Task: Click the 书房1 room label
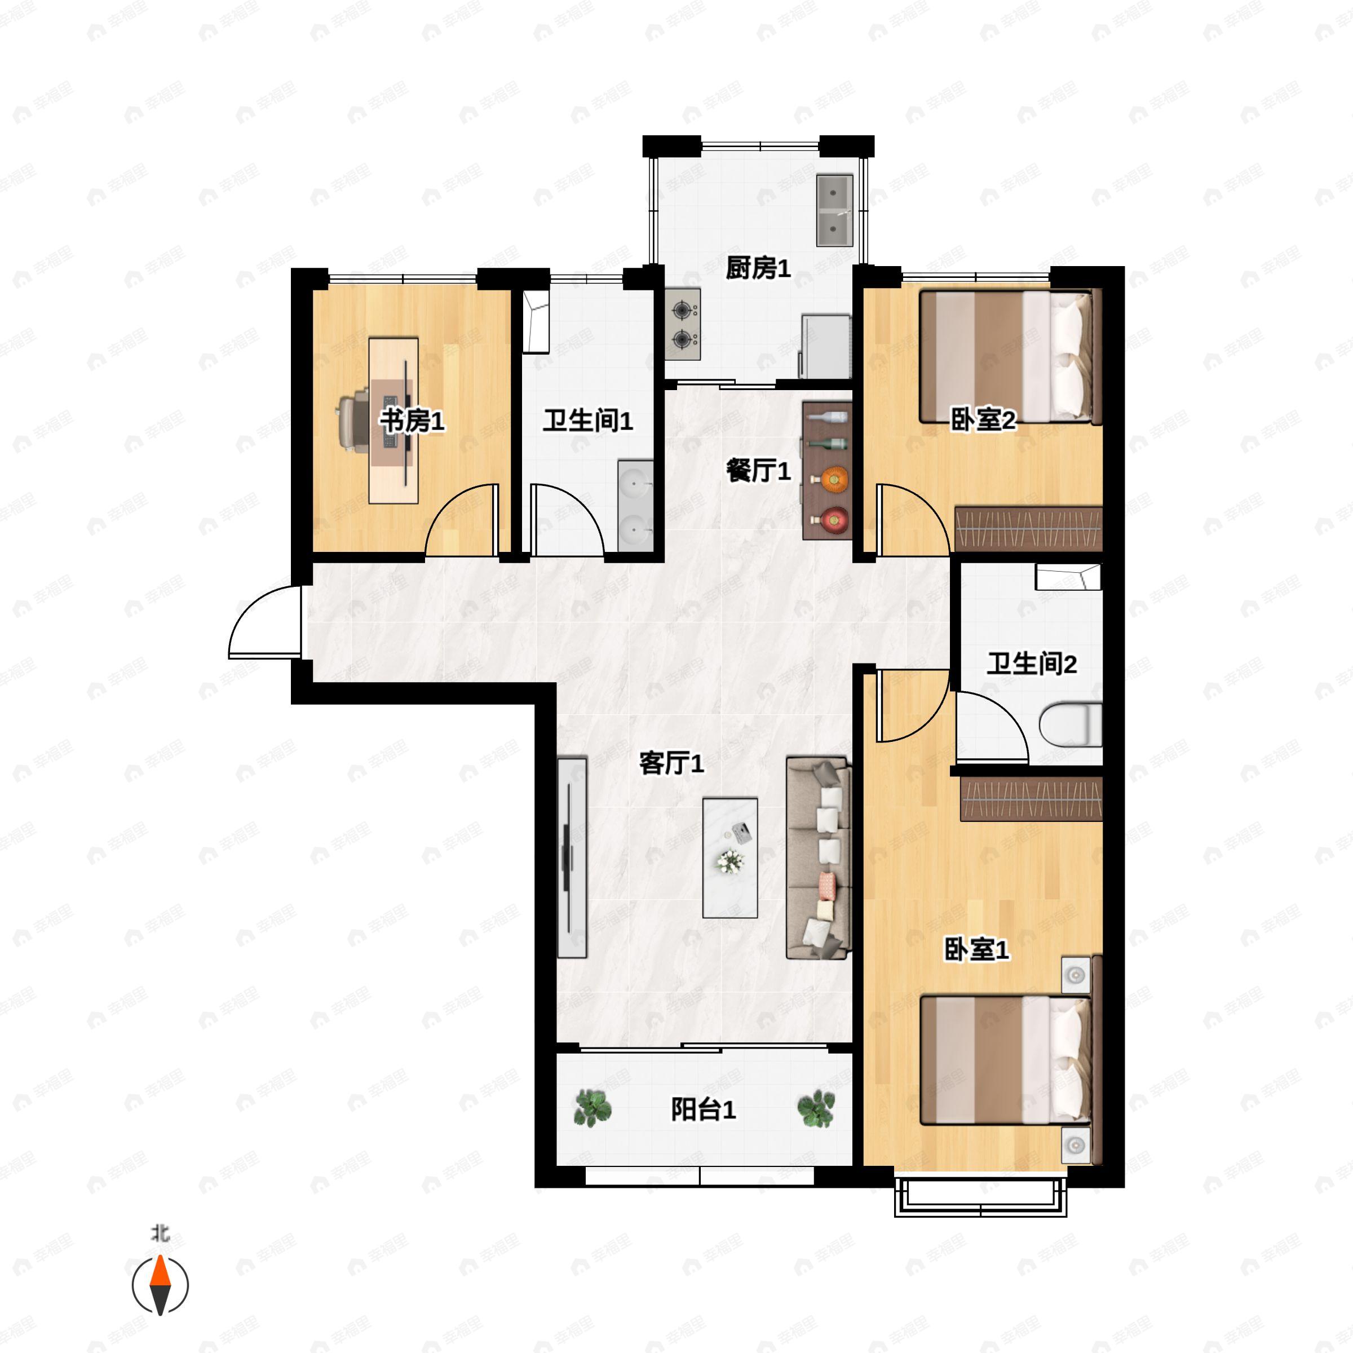[412, 421]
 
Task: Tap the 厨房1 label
[758, 268]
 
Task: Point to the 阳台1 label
[703, 1109]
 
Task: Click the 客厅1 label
[671, 763]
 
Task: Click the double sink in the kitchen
[834, 210]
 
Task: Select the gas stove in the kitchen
[683, 324]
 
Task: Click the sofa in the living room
[818, 856]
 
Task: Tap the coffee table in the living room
[729, 857]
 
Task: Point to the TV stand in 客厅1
[572, 856]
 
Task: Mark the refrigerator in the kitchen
[826, 347]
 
